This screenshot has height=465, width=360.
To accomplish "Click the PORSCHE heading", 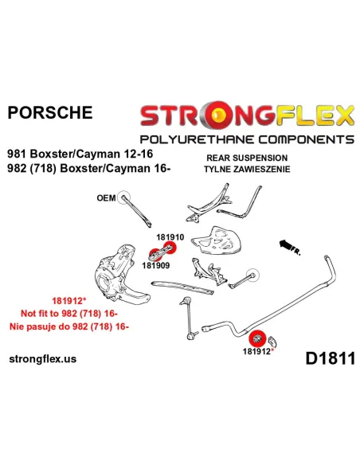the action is tap(50, 113).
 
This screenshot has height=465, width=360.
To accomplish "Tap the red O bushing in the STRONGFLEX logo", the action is tap(217, 114).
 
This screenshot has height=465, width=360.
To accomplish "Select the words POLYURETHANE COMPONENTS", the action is tap(247, 139).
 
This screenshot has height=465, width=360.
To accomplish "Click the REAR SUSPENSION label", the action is tap(247, 158).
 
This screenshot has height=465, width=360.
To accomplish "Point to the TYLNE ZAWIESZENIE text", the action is tap(247, 169).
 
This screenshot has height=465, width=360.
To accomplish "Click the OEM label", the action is tap(106, 197).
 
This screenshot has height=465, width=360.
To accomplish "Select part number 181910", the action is tap(170, 237).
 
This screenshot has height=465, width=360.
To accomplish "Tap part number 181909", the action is tap(156, 265).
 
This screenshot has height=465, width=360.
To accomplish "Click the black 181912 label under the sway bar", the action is tap(256, 351).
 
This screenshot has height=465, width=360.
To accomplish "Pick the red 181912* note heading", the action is tap(69, 301).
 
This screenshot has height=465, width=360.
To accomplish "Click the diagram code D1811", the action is tap(330, 358).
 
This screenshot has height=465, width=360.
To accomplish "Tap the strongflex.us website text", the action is tap(43, 359).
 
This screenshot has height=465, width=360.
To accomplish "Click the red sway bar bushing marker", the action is tap(256, 338).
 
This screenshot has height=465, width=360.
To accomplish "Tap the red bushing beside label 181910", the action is tap(170, 247).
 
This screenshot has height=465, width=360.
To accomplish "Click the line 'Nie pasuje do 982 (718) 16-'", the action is tap(69, 326).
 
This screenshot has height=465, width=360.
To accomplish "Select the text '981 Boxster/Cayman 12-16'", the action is tap(80, 154).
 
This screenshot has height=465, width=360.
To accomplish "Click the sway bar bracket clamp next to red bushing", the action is tap(272, 342).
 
